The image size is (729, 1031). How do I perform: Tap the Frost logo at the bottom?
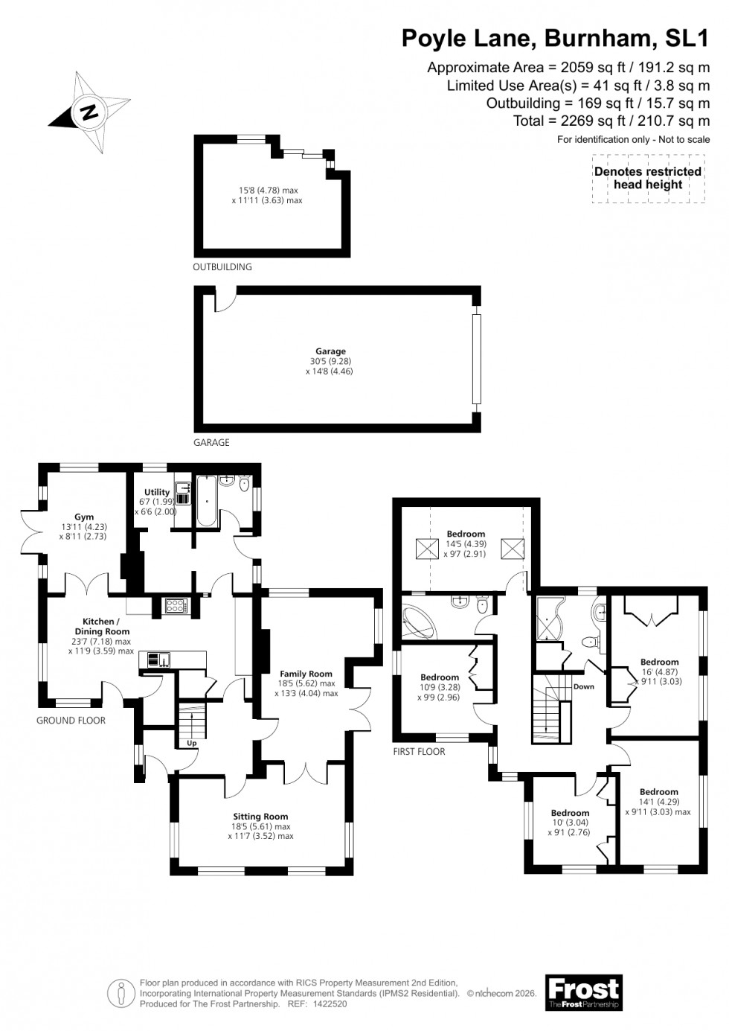583,992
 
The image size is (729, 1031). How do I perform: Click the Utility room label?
157,492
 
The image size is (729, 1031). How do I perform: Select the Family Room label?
306,674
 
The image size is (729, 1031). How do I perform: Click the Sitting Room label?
260,816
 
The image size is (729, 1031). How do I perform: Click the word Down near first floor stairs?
583,686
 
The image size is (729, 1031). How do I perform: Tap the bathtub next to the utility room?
206,500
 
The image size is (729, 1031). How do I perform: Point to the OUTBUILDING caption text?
222,266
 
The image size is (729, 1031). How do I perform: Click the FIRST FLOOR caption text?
419,752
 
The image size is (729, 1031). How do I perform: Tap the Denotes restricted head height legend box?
648,179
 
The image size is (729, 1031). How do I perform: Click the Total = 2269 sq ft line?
611,121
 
